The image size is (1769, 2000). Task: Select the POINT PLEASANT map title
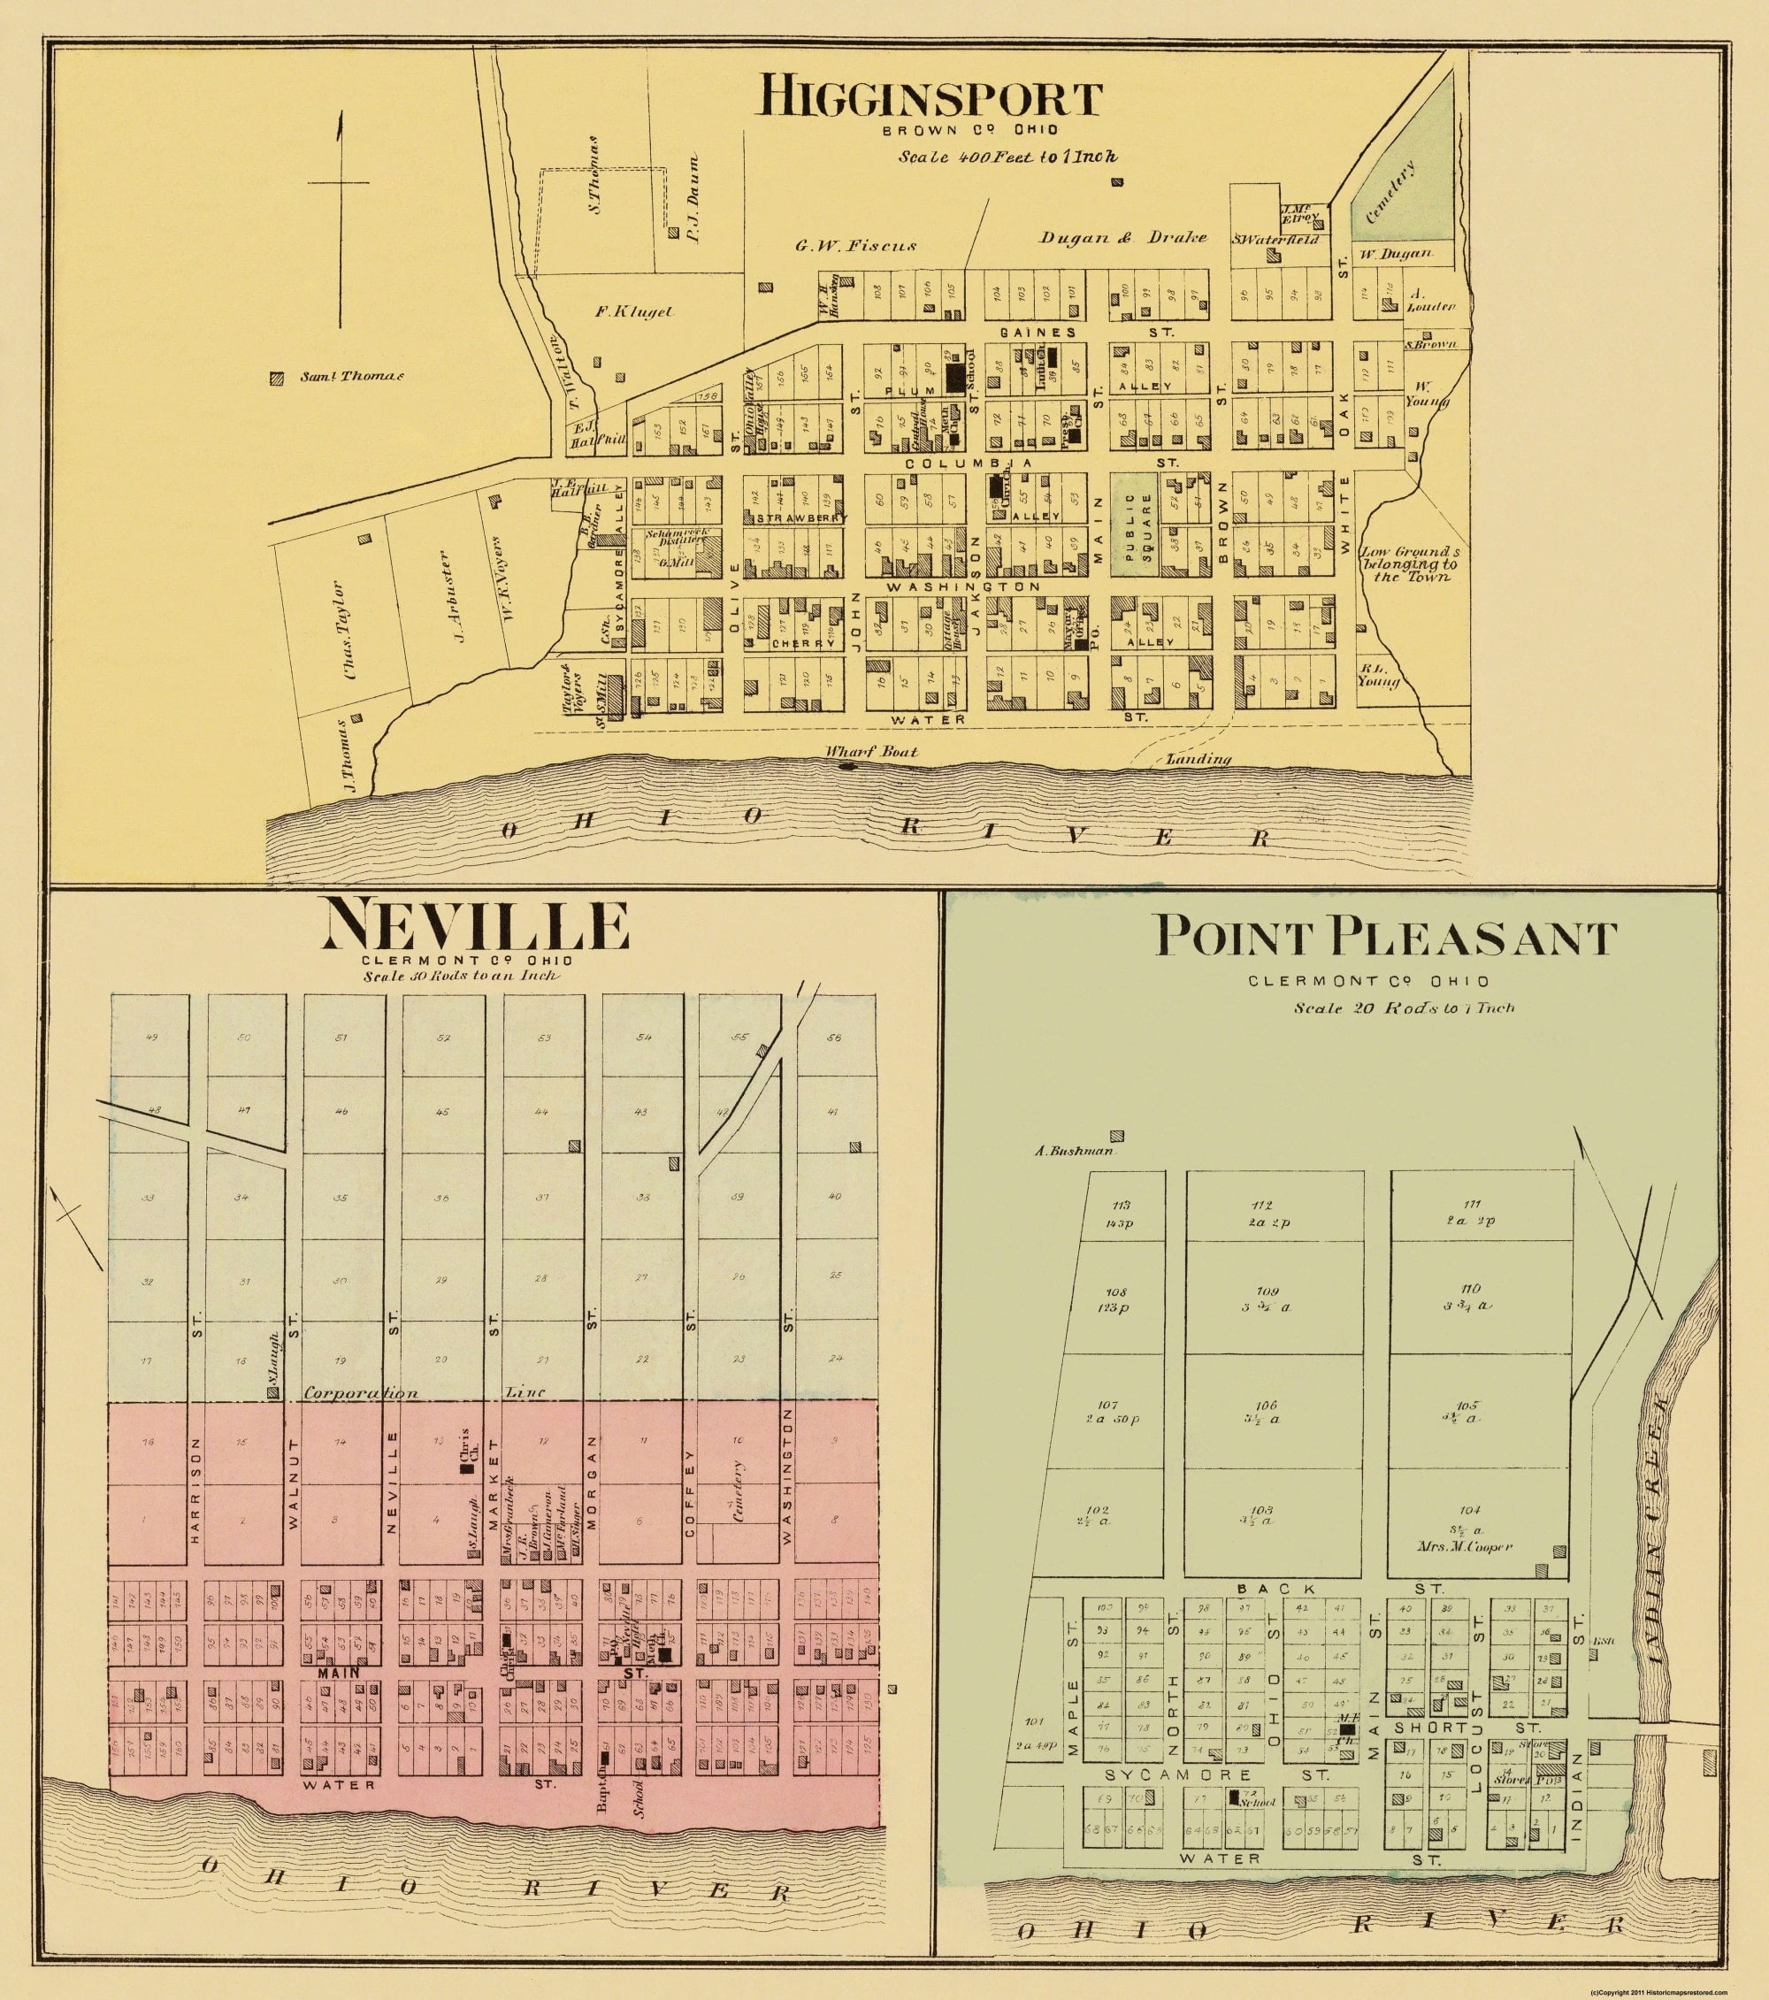tap(1385, 938)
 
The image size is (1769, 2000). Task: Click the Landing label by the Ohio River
tap(1198, 758)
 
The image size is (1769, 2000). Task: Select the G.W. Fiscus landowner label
tap(855, 245)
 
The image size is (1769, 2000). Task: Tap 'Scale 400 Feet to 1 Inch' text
tap(1008, 156)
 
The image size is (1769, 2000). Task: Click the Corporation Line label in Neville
tap(360, 1392)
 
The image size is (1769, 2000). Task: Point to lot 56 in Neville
tap(833, 1038)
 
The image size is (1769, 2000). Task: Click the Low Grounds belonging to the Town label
tap(1408, 564)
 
